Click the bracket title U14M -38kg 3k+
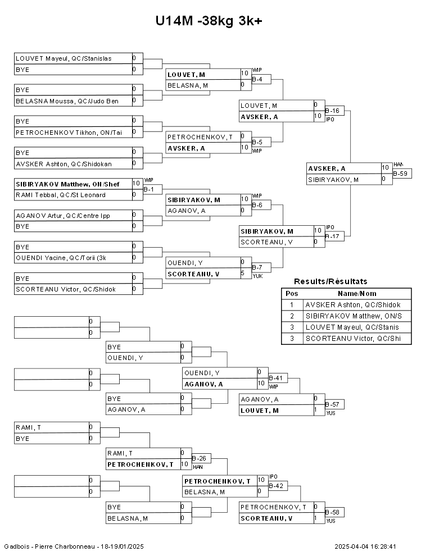[x=209, y=21]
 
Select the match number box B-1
[x=152, y=189]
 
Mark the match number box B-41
[x=278, y=378]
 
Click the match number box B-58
[x=334, y=512]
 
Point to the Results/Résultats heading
[x=331, y=281]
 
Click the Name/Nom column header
[x=357, y=293]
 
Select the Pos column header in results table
[x=292, y=293]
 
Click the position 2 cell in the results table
[x=292, y=316]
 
